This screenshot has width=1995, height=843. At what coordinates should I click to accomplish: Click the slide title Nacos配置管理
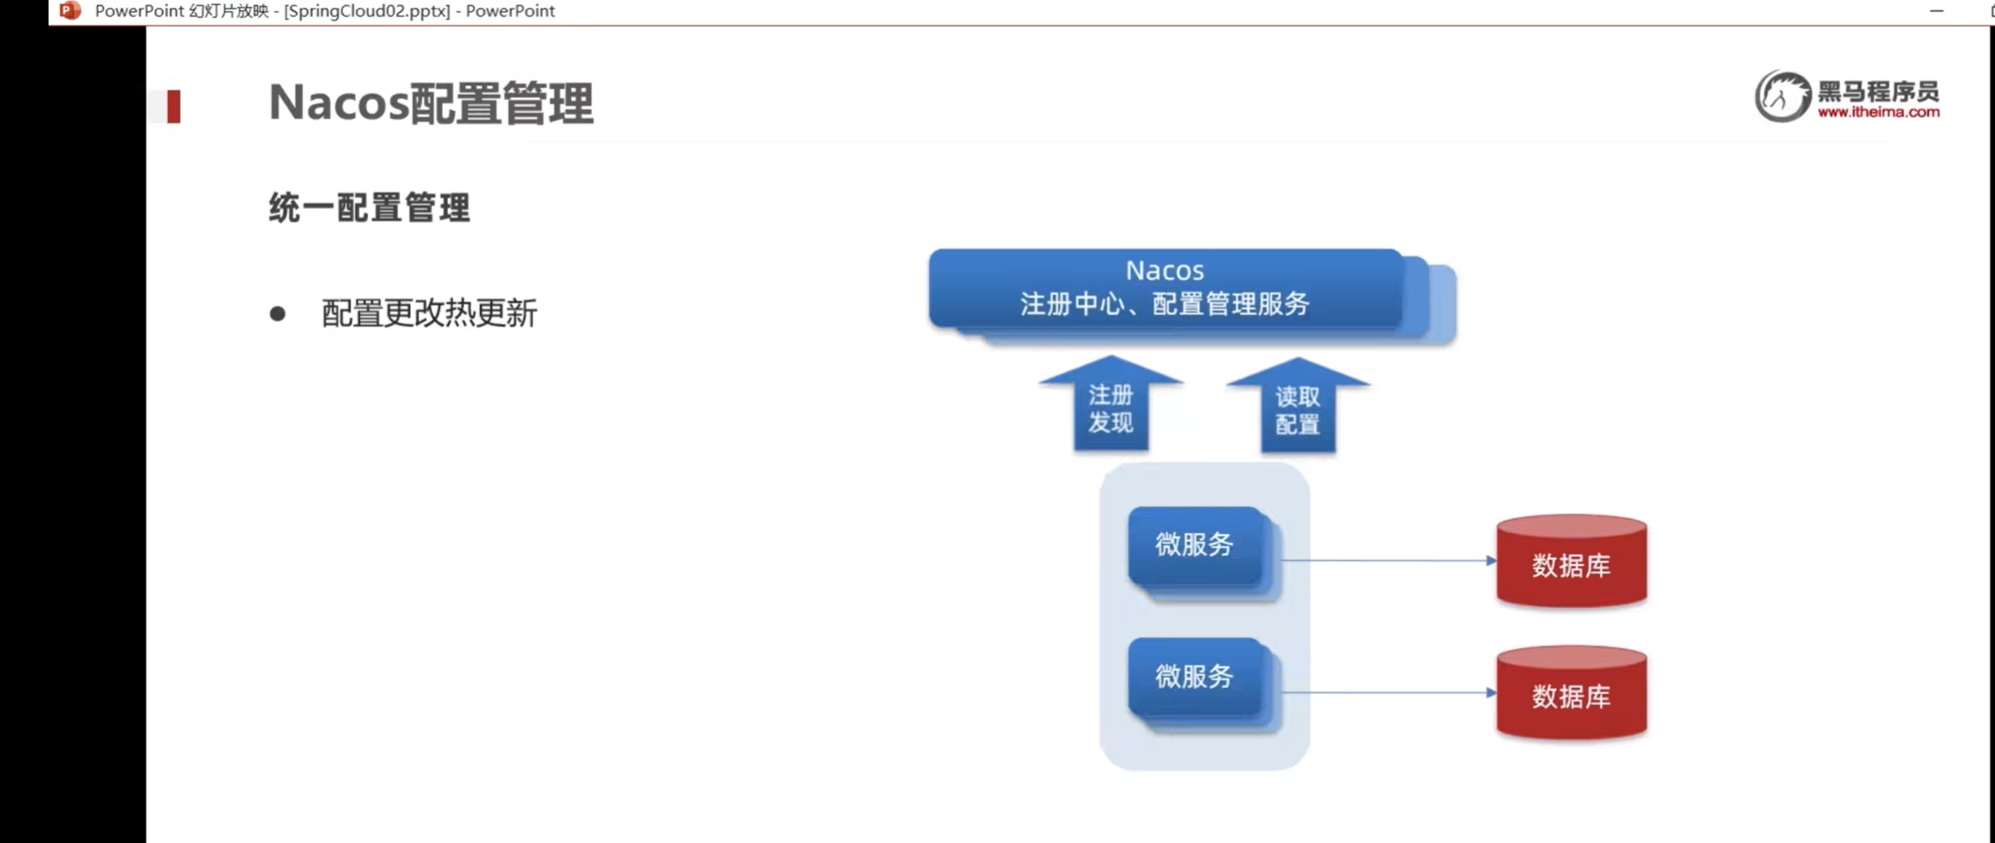click(x=430, y=104)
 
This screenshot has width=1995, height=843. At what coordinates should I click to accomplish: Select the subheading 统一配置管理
click(x=369, y=208)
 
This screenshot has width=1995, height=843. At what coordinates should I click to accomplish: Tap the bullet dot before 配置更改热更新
click(x=278, y=314)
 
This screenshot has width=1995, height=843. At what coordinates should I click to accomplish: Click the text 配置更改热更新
click(x=429, y=314)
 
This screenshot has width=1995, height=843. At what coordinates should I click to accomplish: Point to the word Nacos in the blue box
click(x=1164, y=270)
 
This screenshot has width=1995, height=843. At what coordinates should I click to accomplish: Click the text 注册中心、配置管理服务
click(x=1164, y=304)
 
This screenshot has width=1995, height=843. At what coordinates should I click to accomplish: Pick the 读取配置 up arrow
click(x=1298, y=409)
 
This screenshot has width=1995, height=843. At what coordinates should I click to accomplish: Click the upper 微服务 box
click(x=1195, y=545)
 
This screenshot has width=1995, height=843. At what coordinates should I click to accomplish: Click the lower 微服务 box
click(x=1195, y=676)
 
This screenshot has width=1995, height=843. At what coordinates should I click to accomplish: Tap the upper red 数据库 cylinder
click(x=1571, y=563)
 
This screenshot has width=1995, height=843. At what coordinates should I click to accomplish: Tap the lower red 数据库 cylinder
click(x=1571, y=694)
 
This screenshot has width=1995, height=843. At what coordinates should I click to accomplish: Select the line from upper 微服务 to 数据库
click(x=1386, y=560)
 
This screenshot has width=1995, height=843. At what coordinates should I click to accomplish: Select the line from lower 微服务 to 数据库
click(x=1386, y=692)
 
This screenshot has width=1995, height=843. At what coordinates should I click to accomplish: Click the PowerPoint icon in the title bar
click(x=70, y=11)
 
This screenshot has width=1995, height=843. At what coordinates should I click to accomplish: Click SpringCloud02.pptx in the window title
click(x=367, y=11)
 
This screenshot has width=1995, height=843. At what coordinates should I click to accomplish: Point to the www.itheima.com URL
click(x=1878, y=112)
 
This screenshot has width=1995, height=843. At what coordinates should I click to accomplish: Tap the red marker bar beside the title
click(x=173, y=106)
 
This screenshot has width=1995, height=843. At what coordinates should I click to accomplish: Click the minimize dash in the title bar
click(x=1936, y=11)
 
